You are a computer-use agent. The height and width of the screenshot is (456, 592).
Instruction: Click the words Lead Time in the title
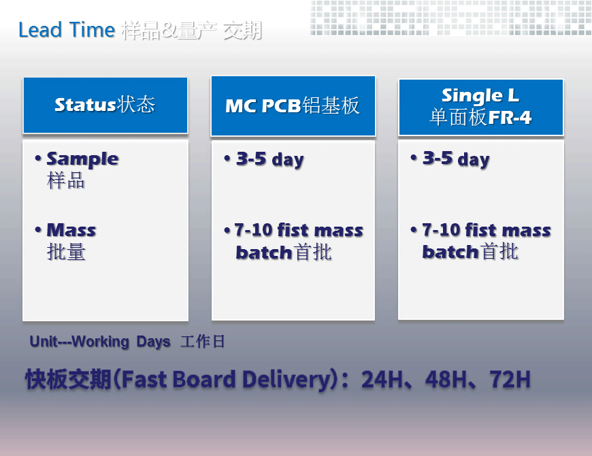67,30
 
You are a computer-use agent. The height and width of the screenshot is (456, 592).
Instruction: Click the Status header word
85,105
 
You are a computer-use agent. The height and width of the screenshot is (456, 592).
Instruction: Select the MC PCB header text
263,105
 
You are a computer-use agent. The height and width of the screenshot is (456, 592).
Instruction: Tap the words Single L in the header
480,95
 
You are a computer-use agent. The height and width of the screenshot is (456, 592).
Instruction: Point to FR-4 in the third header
510,117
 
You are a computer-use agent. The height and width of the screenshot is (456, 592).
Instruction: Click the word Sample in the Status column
83,159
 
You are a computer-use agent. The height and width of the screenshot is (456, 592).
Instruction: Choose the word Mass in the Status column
71,230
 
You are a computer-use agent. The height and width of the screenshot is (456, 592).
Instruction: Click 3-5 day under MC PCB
270,159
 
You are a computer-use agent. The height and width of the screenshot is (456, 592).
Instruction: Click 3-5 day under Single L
456,159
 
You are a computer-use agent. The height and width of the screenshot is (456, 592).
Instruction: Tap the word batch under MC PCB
264,252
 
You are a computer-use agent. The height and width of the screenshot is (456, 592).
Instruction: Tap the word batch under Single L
450,251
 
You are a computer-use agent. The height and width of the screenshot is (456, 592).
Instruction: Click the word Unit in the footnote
44,342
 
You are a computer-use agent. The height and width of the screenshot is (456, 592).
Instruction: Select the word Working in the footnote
101,342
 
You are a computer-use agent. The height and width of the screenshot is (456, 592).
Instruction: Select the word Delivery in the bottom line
286,380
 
